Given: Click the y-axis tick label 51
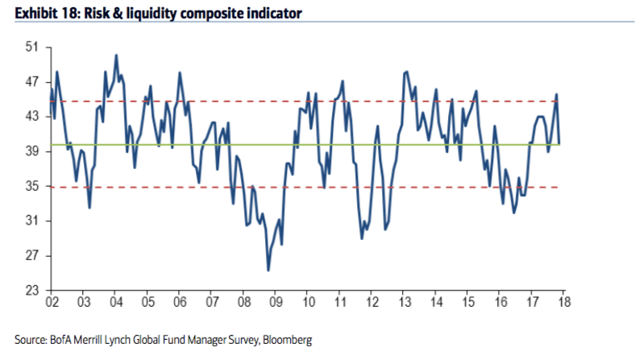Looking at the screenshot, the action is tap(32, 47).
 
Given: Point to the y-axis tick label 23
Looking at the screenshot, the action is tap(32, 291).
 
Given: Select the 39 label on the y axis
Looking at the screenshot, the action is tap(32, 151).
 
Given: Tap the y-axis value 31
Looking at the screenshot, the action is tap(32, 221).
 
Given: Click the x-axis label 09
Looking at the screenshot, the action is tap(276, 302).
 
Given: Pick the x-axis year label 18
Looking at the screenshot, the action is tap(564, 302).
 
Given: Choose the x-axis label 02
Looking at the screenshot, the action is tap(52, 302).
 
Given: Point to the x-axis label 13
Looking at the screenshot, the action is tap(405, 302).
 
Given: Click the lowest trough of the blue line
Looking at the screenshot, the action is tap(268, 270).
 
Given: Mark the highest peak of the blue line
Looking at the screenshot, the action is tap(116, 55).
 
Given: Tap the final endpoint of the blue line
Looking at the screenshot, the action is tap(560, 144).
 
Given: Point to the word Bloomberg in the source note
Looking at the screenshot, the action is tap(287, 340).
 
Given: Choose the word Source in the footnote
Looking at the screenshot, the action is tap(31, 340).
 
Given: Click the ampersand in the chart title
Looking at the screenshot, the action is tap(117, 14).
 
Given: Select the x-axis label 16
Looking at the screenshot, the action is tap(500, 302).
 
